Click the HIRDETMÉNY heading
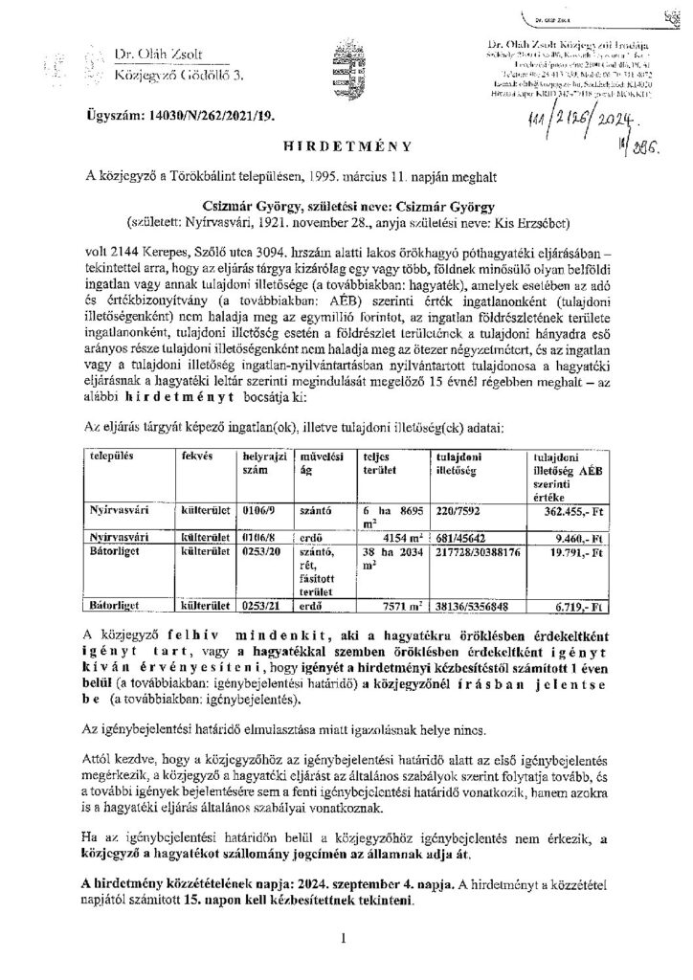pos(347,146)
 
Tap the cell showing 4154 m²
pos(386,539)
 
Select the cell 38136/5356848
pos(476,606)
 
